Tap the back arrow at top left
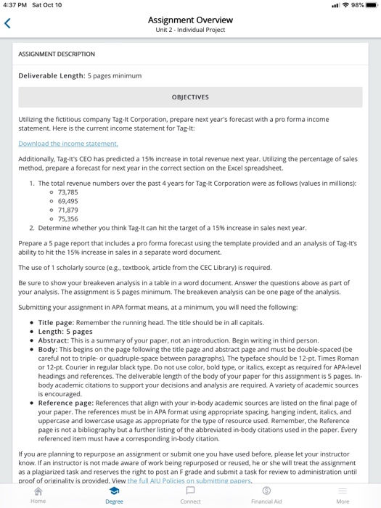8,25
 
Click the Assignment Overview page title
190,20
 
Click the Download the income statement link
67,144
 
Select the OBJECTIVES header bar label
190,97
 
